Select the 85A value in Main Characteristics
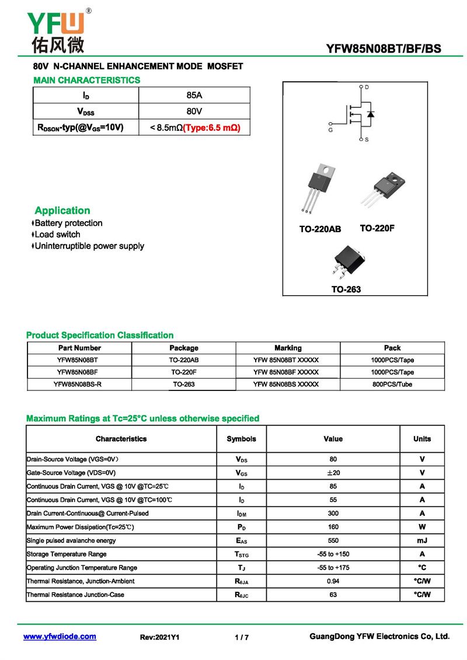[x=194, y=95]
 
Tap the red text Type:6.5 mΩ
[x=212, y=127]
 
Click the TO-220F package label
[x=377, y=228]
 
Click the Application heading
[x=62, y=211]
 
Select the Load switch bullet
[x=57, y=235]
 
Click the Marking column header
[x=288, y=348]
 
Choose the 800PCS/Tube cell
[x=392, y=385]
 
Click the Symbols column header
[x=241, y=439]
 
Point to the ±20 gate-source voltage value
[x=333, y=473]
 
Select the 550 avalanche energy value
[x=333, y=540]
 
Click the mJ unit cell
[x=422, y=540]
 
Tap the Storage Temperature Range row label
[x=67, y=554]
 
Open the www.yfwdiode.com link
[x=60, y=637]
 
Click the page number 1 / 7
[x=242, y=637]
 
